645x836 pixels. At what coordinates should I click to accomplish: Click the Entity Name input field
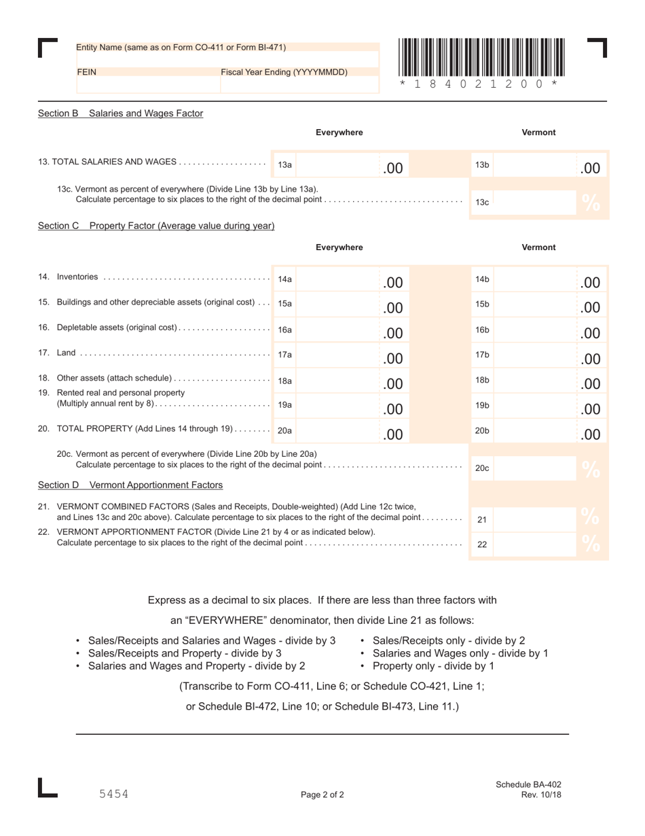coord(227,59)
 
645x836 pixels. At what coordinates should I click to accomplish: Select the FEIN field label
coord(86,71)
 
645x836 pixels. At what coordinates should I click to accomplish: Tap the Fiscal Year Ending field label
coord(284,71)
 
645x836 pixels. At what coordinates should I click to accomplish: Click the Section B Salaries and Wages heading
coord(120,114)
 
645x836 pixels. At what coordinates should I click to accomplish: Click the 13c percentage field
coord(536,202)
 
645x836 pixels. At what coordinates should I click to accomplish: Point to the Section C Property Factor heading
coord(155,226)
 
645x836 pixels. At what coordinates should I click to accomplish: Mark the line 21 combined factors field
coord(536,519)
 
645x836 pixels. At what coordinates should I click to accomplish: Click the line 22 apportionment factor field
coord(536,544)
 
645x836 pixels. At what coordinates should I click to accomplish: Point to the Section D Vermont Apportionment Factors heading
coord(130,485)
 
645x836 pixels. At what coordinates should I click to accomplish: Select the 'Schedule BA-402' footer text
coord(528,784)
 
